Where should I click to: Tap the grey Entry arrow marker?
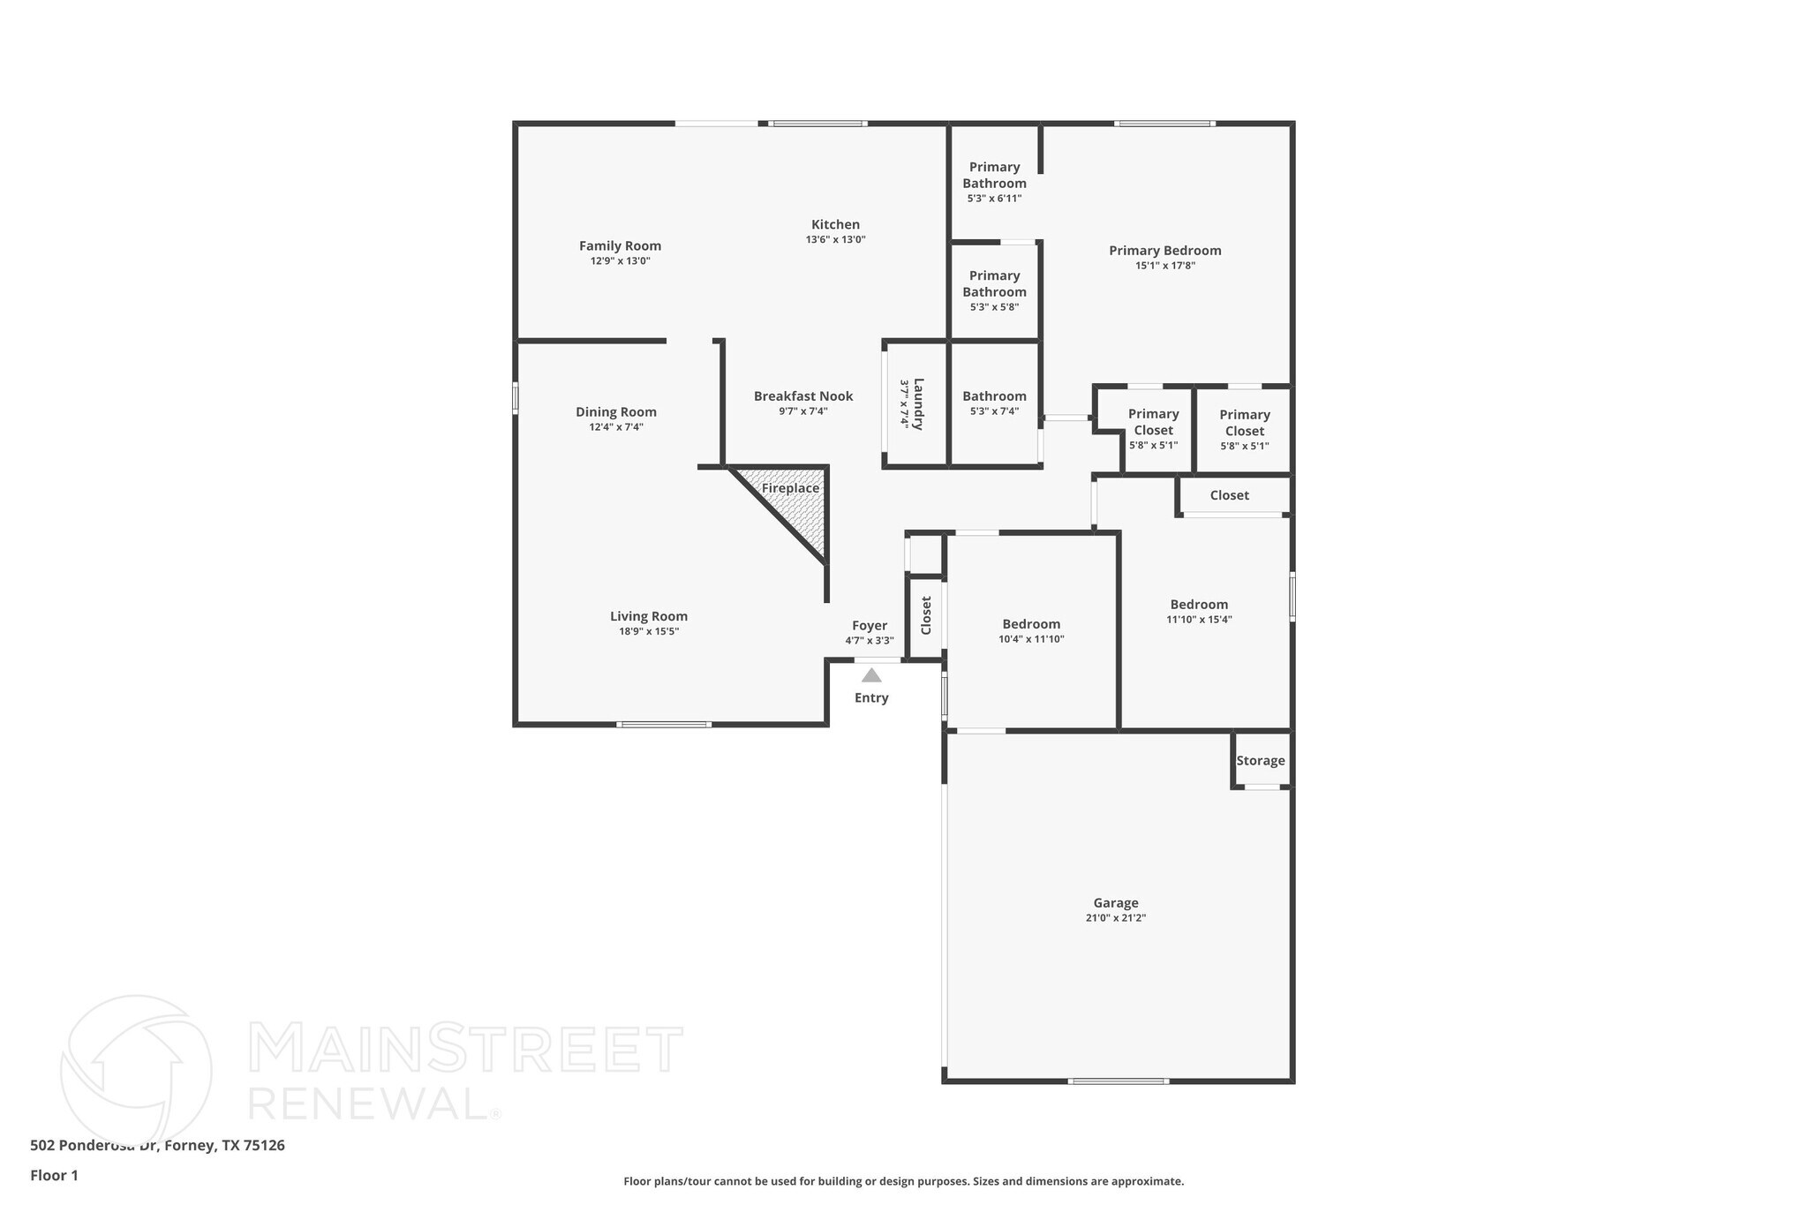[871, 675]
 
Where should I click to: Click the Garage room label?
[1116, 903]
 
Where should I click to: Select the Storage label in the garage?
[1260, 761]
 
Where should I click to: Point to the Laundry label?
[918, 403]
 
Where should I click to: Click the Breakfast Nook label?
[803, 396]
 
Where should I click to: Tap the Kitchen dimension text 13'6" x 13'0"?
[835, 239]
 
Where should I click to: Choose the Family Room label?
[620, 246]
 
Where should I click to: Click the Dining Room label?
[616, 412]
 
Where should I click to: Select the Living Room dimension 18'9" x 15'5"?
[649, 631]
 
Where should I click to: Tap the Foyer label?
[870, 626]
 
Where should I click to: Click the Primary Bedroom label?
[1165, 251]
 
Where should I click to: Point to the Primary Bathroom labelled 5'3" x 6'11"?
[994, 175]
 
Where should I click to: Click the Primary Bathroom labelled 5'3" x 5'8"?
[994, 283]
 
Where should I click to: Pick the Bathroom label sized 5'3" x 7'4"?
[994, 396]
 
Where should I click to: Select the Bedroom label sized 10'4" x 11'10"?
[1031, 624]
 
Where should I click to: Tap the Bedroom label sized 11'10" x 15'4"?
[1199, 605]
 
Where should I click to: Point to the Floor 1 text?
[55, 1175]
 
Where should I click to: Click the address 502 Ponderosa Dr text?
[96, 1145]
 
